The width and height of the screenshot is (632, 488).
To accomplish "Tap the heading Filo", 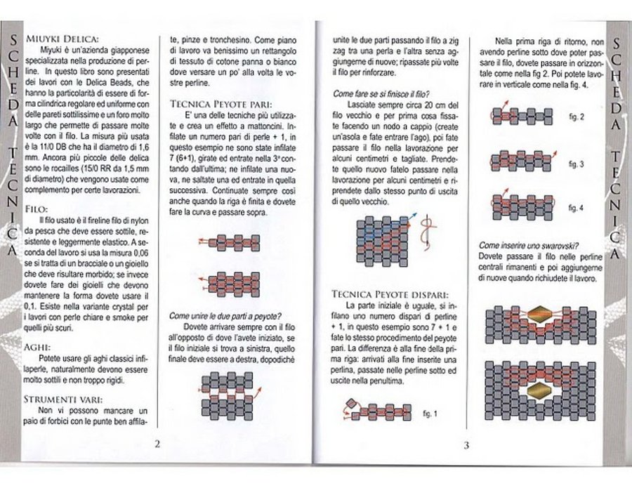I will click(x=35, y=209).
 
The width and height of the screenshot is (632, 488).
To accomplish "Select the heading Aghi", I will click(x=37, y=347).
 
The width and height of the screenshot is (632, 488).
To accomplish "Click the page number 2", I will click(x=158, y=443).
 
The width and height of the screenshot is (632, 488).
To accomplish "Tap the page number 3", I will click(x=466, y=444).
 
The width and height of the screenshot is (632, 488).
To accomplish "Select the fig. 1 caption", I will click(x=430, y=414).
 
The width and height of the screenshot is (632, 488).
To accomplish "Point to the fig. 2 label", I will click(x=576, y=117).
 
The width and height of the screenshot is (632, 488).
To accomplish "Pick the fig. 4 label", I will click(x=576, y=208).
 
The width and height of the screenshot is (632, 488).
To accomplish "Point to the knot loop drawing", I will click(x=425, y=235).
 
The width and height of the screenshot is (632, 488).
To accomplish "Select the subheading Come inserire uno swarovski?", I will click(x=527, y=245).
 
